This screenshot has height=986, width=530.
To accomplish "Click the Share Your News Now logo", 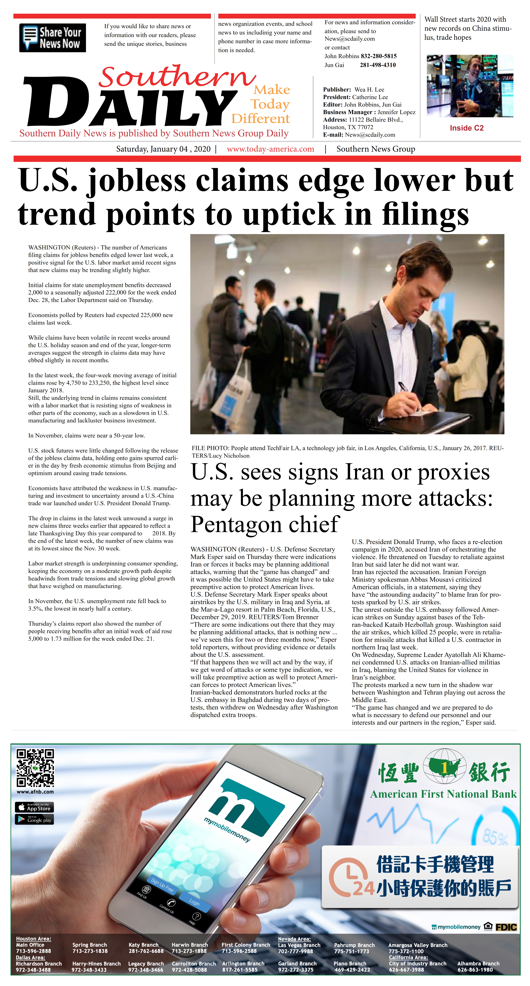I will point(52,38).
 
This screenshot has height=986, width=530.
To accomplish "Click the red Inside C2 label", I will point(466,128).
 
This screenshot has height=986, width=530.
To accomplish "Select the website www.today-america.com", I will point(270,149).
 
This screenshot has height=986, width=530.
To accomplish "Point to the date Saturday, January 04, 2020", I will point(163,149).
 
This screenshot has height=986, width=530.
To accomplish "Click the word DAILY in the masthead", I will point(130,104).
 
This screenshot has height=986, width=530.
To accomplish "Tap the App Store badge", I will point(34,807).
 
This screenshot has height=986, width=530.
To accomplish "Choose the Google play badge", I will point(34,819).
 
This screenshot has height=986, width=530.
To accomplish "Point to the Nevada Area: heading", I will point(294,939).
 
